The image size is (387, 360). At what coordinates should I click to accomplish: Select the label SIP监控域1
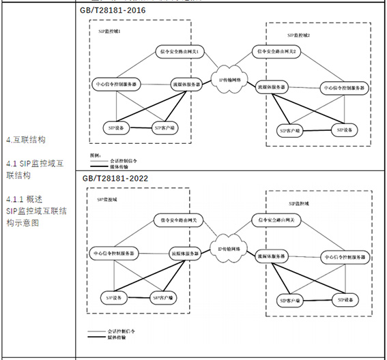click(111, 32)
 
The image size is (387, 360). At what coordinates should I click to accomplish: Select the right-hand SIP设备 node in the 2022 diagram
click(345, 299)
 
